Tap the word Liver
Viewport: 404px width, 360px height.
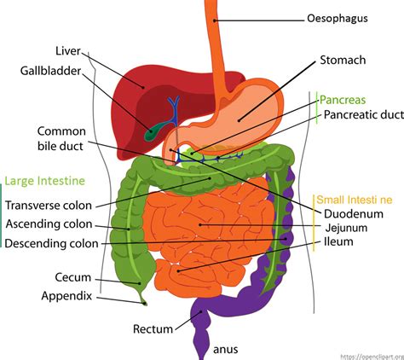[67, 50]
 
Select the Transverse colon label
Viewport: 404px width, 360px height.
[49, 205]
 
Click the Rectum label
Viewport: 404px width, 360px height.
[153, 328]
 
